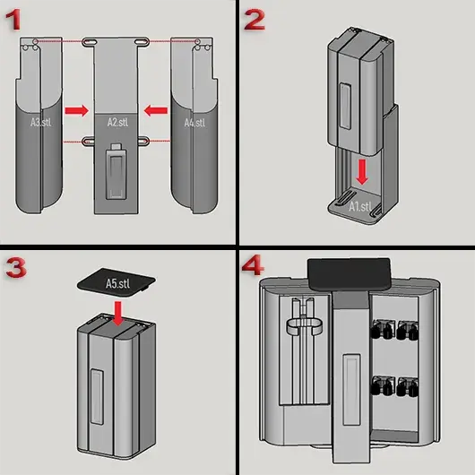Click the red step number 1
[x=13, y=20]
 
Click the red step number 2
[x=255, y=20]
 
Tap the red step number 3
[x=16, y=267]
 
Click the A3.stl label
[x=40, y=123]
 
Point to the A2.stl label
[x=117, y=122]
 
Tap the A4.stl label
[x=194, y=123]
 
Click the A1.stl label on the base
[x=360, y=207]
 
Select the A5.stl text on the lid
[x=117, y=284]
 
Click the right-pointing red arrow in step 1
[x=77, y=110]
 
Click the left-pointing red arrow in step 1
[x=156, y=110]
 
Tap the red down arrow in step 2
[x=362, y=172]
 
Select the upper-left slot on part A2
[x=90, y=41]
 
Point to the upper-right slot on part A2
[x=142, y=41]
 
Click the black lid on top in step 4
[x=349, y=274]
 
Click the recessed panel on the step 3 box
[x=98, y=396]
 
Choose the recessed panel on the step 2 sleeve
[x=345, y=106]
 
